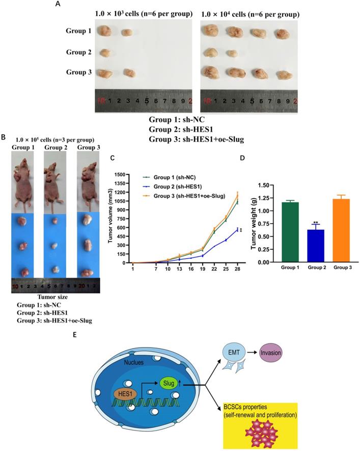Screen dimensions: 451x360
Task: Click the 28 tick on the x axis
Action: pyautogui.click(x=238, y=269)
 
